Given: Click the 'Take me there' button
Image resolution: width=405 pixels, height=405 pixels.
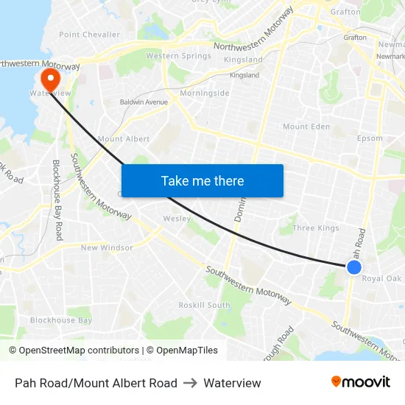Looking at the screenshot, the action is point(202,180).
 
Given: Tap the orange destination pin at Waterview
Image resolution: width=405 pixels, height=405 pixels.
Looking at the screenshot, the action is point(50,80).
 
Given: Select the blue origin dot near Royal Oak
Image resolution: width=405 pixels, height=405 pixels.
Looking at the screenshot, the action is point(353,267).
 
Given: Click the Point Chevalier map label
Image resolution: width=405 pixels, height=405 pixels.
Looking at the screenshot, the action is point(89,35).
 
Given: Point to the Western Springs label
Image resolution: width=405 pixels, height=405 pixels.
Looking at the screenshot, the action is point(178,56).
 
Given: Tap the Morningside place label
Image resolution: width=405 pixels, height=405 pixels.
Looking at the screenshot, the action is point(205,94).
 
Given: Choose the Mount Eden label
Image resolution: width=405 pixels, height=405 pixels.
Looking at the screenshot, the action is point(306,127).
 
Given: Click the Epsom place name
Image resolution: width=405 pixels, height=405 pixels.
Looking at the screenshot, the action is point(370,138).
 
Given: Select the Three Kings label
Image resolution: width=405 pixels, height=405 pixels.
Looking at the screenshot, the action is point(316,228).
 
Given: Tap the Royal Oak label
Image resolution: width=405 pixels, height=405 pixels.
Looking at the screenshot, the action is point(381,278).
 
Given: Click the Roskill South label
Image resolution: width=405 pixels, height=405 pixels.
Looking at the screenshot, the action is point(204,305).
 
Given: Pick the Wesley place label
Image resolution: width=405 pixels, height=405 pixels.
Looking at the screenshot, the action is point(177,219).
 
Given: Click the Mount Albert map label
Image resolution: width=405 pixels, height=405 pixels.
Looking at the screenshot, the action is point(123,138).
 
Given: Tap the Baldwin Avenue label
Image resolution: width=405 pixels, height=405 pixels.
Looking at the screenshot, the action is point(144,102).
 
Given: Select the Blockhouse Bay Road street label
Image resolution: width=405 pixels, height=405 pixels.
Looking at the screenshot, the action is point(58,199).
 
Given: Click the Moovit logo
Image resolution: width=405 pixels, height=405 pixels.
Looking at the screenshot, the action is point(361,382).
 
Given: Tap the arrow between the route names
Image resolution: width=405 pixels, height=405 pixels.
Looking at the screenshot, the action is point(190,383).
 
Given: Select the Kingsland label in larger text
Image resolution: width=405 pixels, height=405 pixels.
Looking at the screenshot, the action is point(243,60).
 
